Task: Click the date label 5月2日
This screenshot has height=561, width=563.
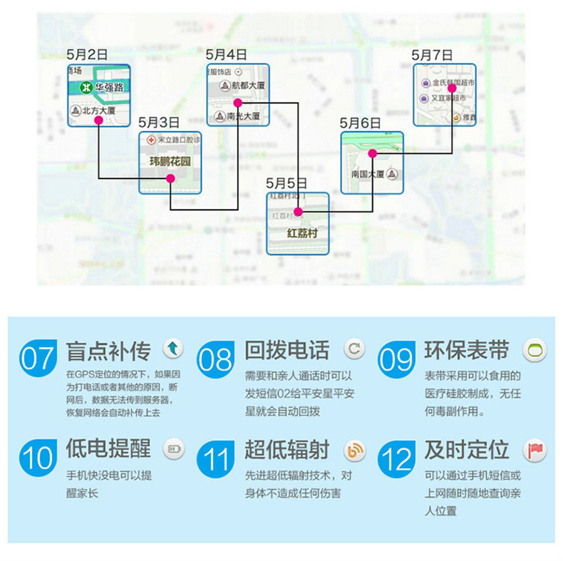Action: (87, 54)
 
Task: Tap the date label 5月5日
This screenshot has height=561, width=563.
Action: (286, 183)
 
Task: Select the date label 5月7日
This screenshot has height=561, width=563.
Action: (433, 54)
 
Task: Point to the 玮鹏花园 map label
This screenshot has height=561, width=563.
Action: (170, 162)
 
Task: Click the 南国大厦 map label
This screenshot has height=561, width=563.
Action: (368, 174)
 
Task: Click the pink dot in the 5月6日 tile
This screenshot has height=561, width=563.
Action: (372, 153)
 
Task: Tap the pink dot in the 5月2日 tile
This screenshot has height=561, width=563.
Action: (98, 120)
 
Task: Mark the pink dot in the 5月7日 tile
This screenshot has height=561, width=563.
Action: (451, 88)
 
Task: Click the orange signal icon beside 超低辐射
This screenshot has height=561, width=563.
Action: (354, 451)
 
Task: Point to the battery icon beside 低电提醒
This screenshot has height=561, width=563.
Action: (174, 449)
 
